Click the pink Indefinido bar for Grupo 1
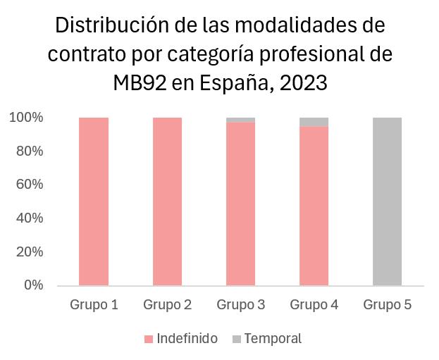pos(94,201)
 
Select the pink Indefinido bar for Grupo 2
pos(167,201)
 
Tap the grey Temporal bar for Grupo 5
pos(387,201)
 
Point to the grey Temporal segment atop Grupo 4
pos(314,122)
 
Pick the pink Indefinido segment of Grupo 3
pos(240,204)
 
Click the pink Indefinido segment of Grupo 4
pos(314,206)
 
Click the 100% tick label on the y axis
pos(26,118)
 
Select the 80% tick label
pos(29,151)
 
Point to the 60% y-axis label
pos(29,185)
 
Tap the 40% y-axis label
pos(29,218)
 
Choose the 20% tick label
pos(29,252)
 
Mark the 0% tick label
pos(32,285)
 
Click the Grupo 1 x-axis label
pos(94,305)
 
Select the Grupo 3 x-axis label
pos(240,305)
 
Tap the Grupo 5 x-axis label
pos(387,305)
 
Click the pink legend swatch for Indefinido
pos(149,340)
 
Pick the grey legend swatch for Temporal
pos(235,340)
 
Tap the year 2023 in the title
pos(304,82)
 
